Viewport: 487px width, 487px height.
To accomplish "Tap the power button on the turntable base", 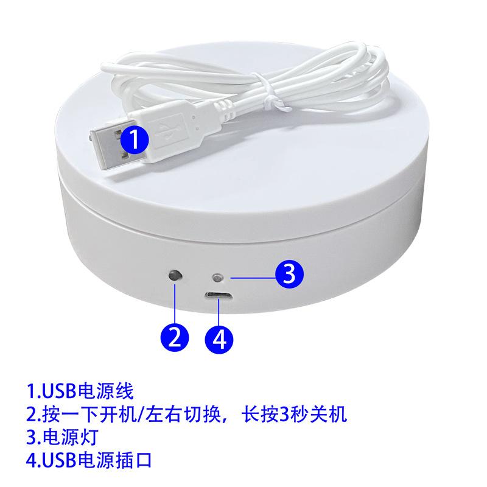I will [175, 276].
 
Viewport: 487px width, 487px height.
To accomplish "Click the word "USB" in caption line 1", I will [55, 388].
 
